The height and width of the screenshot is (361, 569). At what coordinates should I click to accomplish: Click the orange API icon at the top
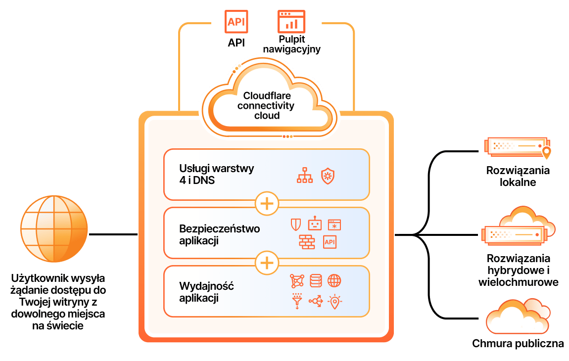(236, 22)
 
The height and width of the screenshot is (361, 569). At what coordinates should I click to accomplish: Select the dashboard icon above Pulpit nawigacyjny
(291, 22)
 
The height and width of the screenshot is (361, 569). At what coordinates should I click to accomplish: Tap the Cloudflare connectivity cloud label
(266, 105)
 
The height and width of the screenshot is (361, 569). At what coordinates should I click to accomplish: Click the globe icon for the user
(54, 229)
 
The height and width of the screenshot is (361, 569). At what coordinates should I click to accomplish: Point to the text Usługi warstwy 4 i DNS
(217, 174)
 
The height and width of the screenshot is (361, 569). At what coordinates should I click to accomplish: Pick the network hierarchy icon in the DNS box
(305, 175)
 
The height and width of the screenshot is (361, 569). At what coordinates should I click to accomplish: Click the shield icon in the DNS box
(328, 176)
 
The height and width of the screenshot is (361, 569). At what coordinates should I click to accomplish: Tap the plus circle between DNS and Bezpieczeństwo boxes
(267, 204)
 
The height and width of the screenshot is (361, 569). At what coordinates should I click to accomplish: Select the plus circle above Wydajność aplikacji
(267, 263)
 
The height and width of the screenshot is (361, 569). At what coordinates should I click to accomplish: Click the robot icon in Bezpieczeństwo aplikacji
(315, 224)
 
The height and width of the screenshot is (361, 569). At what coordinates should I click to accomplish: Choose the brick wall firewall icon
(307, 242)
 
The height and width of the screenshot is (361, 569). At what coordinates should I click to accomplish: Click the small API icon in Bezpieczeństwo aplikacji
(330, 242)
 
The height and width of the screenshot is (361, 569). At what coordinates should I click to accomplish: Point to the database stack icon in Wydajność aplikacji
(316, 281)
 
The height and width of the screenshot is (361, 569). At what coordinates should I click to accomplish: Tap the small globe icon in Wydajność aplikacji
(334, 281)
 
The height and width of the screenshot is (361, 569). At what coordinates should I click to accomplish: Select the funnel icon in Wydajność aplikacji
(297, 301)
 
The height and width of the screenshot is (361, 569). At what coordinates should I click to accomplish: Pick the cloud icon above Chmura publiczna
(518, 316)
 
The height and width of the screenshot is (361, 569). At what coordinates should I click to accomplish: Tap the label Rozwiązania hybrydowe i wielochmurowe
(518, 271)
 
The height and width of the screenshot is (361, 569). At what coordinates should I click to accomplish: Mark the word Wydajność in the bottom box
(206, 286)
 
